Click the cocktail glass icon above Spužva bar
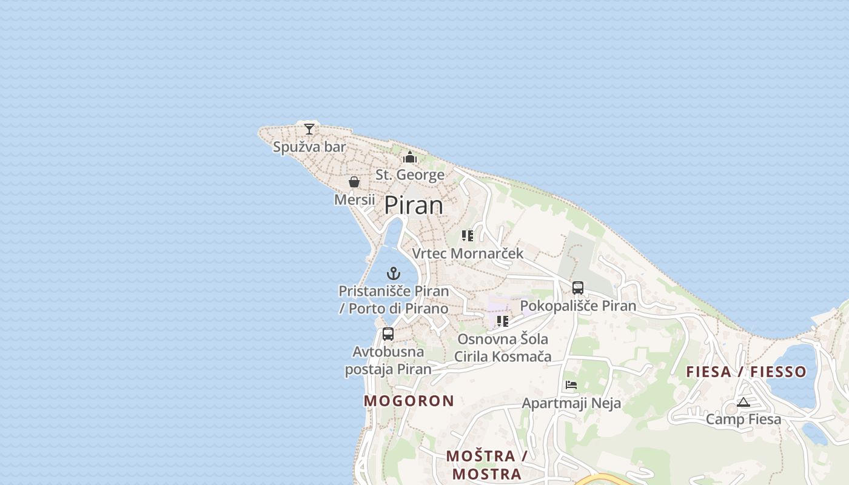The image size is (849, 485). click(x=309, y=129)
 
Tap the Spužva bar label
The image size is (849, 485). click(x=309, y=147)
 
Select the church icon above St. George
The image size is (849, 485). click(x=410, y=158)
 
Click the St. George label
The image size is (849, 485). click(x=410, y=175)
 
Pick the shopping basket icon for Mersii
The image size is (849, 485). click(x=354, y=182)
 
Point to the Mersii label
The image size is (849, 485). click(x=355, y=199)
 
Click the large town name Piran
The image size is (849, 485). click(x=414, y=206)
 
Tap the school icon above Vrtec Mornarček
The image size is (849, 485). click(x=467, y=235)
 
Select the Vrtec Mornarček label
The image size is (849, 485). click(x=468, y=253)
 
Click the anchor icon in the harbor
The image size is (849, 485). click(x=394, y=273)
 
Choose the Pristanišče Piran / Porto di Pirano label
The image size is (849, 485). click(x=394, y=299)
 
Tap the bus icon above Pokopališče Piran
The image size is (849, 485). click(x=578, y=288)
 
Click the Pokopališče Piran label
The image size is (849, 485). click(x=578, y=306)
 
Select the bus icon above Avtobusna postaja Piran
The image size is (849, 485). click(x=388, y=333)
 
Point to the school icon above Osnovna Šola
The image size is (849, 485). click(x=502, y=321)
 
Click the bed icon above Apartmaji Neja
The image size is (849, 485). click(x=571, y=385)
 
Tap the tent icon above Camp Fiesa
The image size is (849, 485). click(x=743, y=402)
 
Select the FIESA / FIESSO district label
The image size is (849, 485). click(x=747, y=372)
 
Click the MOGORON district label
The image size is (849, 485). click(x=409, y=401)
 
